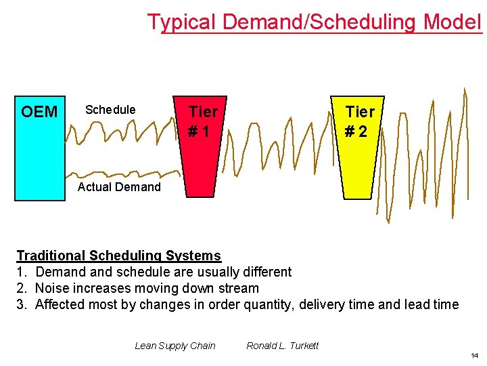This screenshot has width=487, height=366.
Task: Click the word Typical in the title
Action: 182,22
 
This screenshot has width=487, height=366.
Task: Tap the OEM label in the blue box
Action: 39,112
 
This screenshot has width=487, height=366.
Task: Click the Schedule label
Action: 110,110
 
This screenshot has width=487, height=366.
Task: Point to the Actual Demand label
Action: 119,187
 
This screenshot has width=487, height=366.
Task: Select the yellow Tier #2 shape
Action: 359,156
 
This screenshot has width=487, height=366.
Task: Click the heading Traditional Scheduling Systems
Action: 118,256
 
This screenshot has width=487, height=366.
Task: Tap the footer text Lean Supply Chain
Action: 175,346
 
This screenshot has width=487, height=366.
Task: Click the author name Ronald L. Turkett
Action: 282,346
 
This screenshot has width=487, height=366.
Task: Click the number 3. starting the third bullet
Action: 22,304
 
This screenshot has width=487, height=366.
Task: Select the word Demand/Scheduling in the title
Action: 319,22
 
